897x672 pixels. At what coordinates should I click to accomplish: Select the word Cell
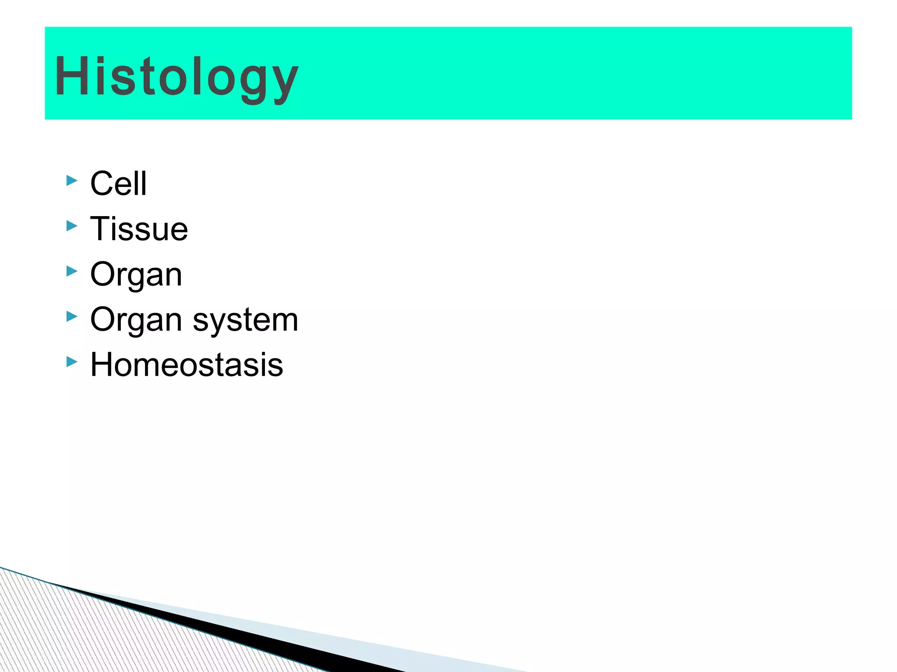(118, 183)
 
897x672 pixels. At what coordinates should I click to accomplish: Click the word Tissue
(139, 229)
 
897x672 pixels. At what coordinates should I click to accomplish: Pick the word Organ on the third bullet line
(136, 274)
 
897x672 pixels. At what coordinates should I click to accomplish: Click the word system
(245, 320)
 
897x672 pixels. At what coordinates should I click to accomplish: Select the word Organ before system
(136, 320)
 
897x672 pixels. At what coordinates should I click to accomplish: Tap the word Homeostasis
(187, 365)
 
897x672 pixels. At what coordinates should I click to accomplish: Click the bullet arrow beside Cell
(72, 180)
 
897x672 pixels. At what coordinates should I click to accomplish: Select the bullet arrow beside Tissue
(72, 226)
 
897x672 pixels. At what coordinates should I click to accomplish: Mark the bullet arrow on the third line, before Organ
(72, 271)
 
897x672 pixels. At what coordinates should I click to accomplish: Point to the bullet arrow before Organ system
(72, 316)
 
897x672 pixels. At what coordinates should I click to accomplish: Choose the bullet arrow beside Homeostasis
(72, 362)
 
